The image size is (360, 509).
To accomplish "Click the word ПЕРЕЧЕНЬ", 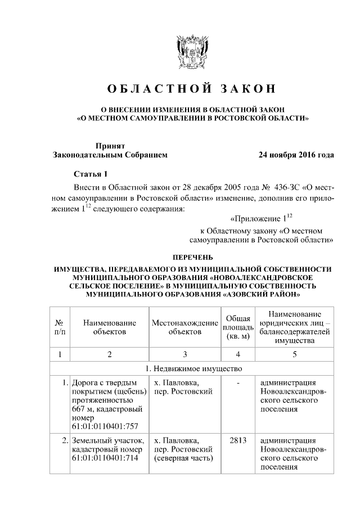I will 192,257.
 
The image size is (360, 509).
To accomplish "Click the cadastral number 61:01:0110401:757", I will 105,426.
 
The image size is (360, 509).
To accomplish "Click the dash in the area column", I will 238,383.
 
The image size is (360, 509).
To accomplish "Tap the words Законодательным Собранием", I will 110,155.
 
